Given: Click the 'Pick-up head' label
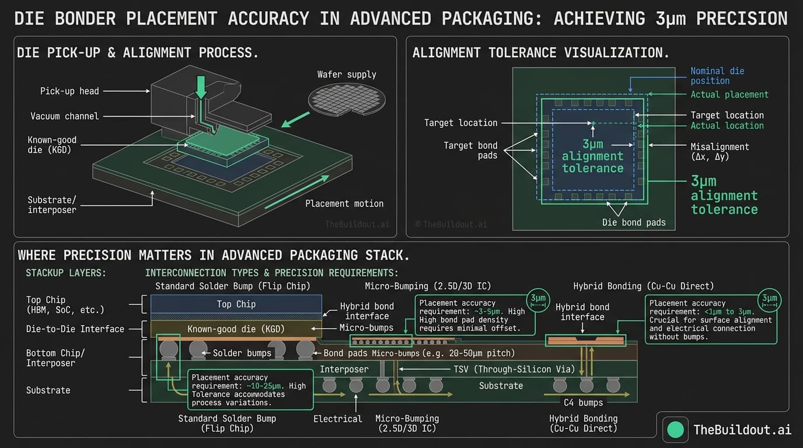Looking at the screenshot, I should tap(69, 91).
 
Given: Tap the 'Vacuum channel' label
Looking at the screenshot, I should tap(64, 117).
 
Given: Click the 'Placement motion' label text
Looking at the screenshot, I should tap(344, 204).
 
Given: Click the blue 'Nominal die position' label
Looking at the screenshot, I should tap(717, 76).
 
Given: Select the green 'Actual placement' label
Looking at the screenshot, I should tap(729, 94).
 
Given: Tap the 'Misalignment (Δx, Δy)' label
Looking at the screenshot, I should tap(720, 152).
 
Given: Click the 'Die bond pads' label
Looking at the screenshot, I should tap(634, 222).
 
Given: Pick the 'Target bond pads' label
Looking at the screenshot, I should tap(470, 150).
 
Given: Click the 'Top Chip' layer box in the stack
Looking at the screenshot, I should tap(236, 304).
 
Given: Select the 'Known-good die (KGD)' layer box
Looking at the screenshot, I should tap(236, 329).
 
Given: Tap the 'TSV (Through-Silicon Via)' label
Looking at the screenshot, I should tap(514, 369).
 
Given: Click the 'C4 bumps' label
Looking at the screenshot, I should tap(584, 402).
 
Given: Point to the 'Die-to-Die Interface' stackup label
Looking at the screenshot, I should tap(75, 329).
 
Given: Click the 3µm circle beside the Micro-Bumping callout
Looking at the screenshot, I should tap(537, 299).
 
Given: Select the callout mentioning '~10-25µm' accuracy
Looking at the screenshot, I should tap(250, 390).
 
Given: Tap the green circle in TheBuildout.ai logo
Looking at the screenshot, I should tap(675, 429).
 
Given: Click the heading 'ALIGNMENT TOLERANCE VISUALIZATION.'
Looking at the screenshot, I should tap(541, 52).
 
